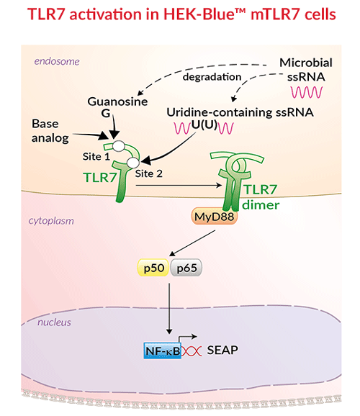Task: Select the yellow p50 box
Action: coord(152,268)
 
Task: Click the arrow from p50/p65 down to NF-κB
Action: coord(169,306)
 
